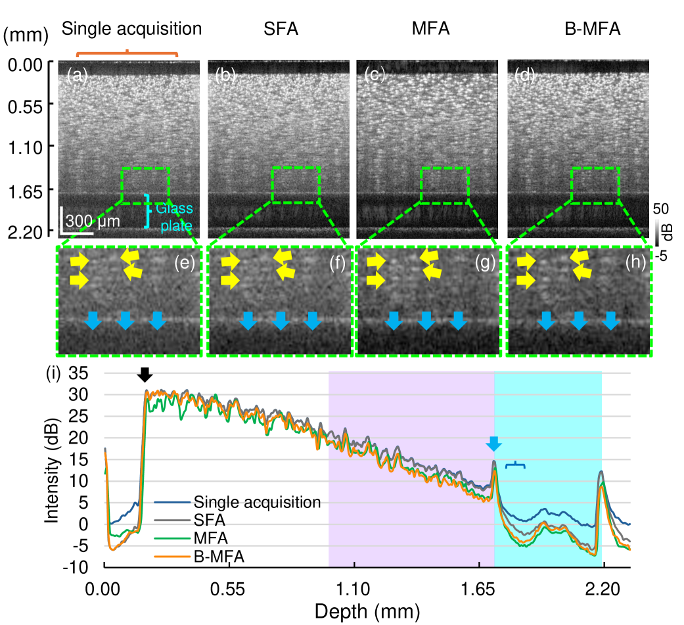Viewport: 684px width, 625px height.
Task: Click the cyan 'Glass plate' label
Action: pyautogui.click(x=175, y=214)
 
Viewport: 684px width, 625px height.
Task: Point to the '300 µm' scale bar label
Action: pyautogui.click(x=93, y=221)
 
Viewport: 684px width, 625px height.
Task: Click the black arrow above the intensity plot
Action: pyautogui.click(x=145, y=374)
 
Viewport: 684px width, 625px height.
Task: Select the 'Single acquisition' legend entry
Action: pyautogui.click(x=257, y=503)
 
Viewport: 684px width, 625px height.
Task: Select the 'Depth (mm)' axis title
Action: pyautogui.click(x=367, y=612)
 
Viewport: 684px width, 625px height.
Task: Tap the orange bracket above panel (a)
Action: pyautogui.click(x=127, y=53)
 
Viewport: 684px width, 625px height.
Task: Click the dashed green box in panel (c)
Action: pyautogui.click(x=445, y=185)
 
